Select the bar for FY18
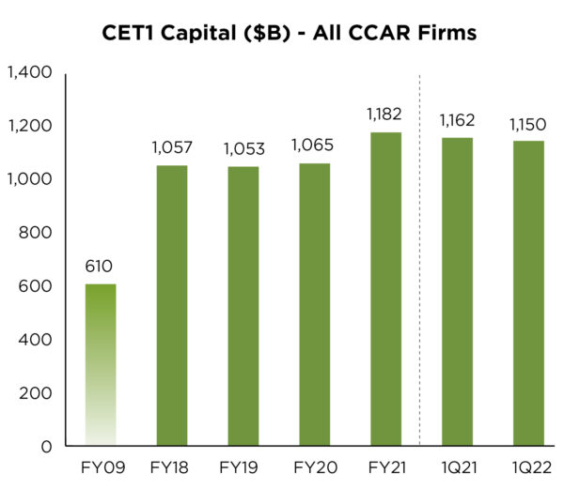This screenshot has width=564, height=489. pos(172,305)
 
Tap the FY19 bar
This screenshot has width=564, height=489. pos(243,306)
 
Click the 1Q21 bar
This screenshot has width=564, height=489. pos(458,292)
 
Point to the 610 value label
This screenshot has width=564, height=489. pos(101,267)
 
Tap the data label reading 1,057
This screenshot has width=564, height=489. pos(172,147)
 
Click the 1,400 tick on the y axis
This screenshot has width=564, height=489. pos(28,72)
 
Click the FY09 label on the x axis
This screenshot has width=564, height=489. pos(101,466)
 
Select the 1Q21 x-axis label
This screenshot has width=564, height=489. pos(458,466)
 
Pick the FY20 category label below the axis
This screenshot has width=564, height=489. pos(315,466)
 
